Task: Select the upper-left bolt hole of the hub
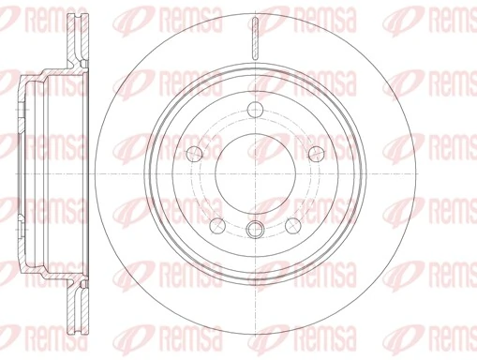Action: click(194, 153)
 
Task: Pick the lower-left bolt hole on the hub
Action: click(216, 225)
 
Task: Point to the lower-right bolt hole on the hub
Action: click(291, 225)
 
